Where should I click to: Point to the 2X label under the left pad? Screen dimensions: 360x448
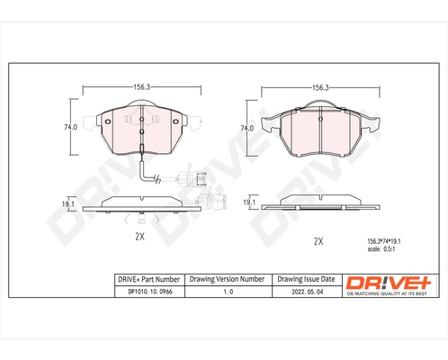[139, 238]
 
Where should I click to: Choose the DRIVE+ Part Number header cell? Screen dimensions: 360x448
[148, 280]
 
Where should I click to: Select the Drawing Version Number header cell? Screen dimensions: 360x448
[226, 280]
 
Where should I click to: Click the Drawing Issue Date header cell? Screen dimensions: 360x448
[305, 280]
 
